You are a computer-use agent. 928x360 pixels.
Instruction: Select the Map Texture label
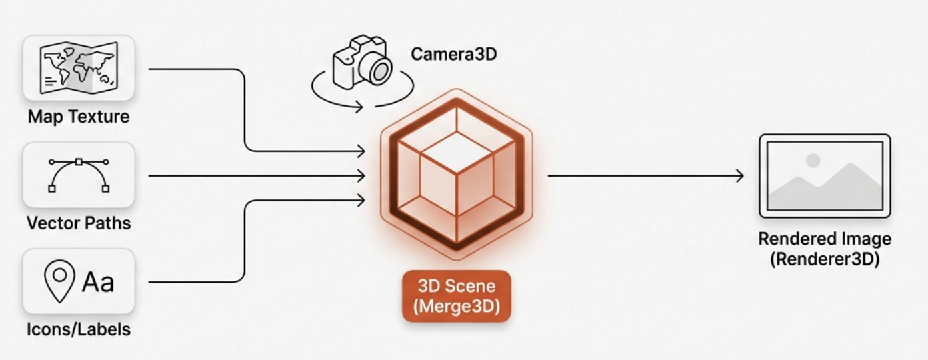pos(79,117)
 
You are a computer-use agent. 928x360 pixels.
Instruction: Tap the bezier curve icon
pos(79,175)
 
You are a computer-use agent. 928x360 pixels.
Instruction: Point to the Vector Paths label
pos(79,223)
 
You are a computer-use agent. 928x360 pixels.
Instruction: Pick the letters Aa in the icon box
pos(98,282)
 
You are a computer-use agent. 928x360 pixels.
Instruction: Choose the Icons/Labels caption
pos(79,329)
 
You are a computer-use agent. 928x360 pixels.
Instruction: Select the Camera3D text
pos(453,54)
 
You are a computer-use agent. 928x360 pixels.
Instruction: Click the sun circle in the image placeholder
pos(813,161)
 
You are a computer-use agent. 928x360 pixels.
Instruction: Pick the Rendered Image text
pos(825,239)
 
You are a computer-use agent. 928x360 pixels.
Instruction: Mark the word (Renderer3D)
pos(825,259)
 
